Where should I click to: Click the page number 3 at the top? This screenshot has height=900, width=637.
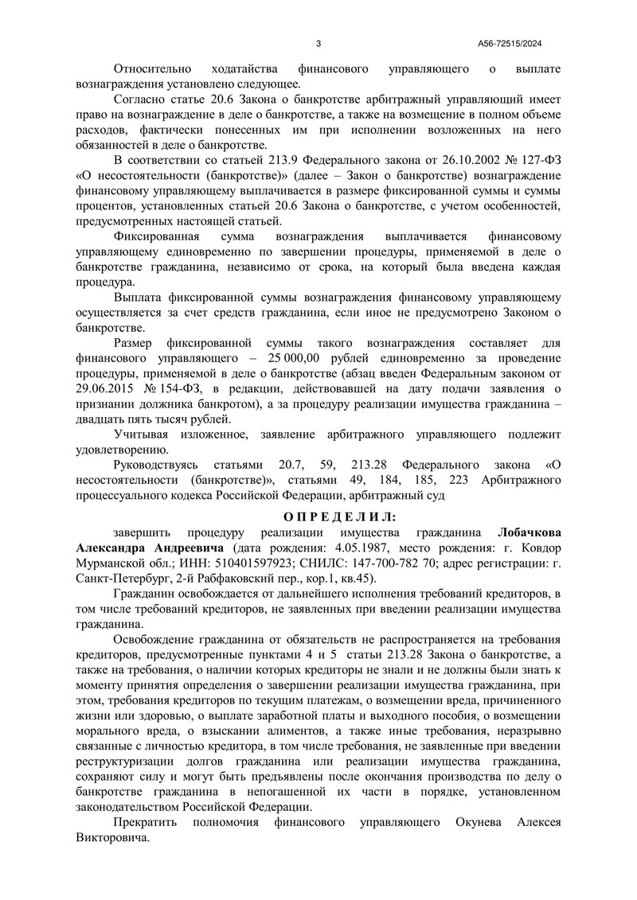tap(318, 44)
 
